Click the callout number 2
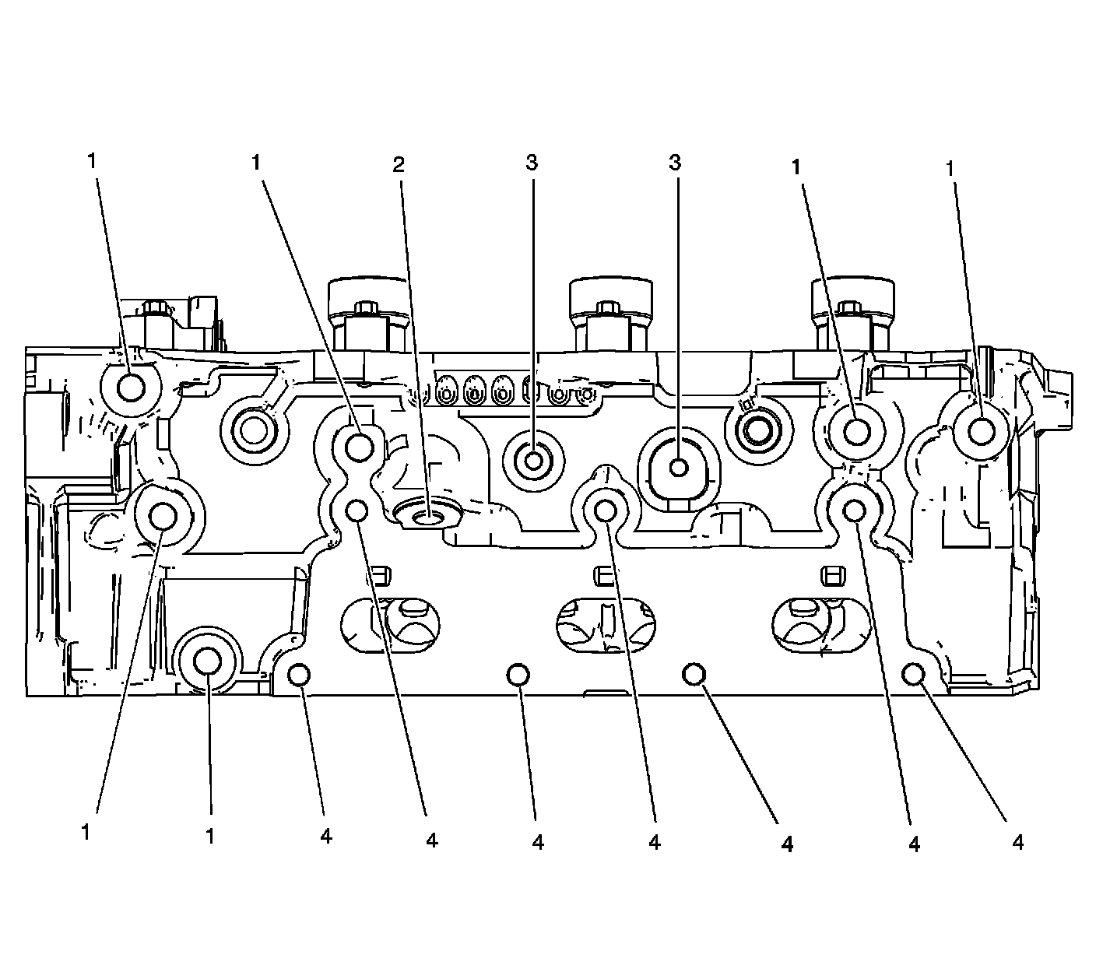(399, 164)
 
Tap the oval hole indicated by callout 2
(427, 514)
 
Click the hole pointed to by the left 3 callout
(534, 461)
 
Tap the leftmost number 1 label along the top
(93, 161)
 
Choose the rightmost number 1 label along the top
(950, 167)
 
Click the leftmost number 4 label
(326, 836)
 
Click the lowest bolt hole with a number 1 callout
(208, 661)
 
